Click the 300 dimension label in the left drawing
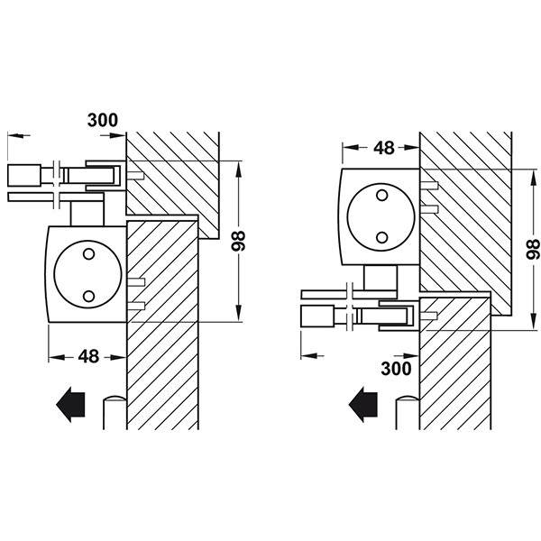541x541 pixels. pos(103,120)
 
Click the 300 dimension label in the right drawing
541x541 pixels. pos(396,368)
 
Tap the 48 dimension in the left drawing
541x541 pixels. pos(88,356)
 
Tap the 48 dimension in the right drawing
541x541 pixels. pos(384,148)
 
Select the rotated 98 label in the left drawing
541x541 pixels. pos(238,241)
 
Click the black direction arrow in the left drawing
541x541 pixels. pos(70,405)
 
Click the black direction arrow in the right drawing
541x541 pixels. pos(363,405)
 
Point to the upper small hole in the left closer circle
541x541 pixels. pos(88,254)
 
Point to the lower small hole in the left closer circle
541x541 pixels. pos(88,296)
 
